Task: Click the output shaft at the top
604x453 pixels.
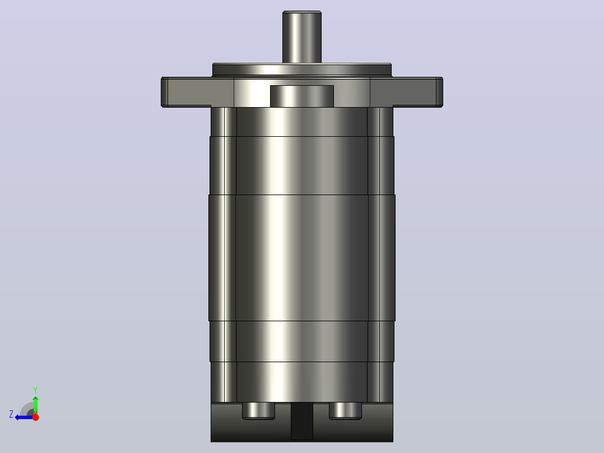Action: click(302, 37)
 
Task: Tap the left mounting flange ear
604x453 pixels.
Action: click(185, 92)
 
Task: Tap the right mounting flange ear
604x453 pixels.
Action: click(418, 92)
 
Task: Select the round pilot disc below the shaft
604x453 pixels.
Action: click(302, 70)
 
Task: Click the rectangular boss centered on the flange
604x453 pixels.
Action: click(302, 96)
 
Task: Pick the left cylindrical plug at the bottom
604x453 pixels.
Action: click(258, 411)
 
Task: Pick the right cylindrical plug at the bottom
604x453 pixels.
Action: click(346, 411)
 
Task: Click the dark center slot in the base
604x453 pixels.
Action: click(302, 422)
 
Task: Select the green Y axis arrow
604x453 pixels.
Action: click(35, 405)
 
